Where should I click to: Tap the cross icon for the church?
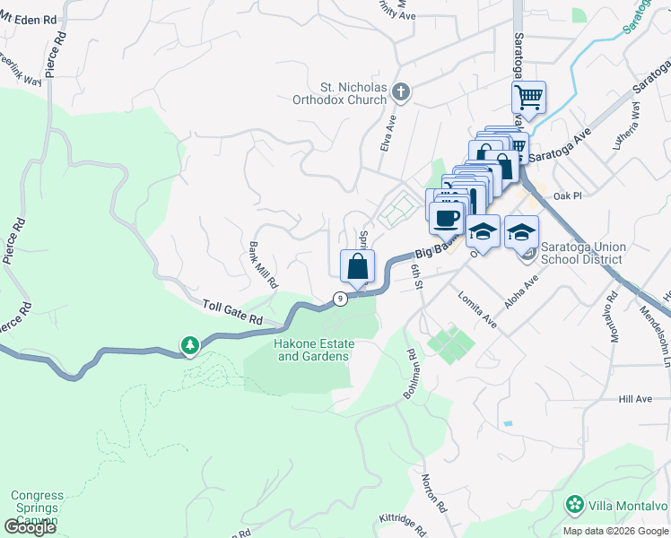(x=402, y=91)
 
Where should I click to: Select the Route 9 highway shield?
(x=340, y=298)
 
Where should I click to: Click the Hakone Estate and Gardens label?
(x=313, y=350)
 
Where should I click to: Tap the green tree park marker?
(x=190, y=344)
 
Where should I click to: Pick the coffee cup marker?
(x=446, y=217)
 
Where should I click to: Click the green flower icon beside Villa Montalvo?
(x=574, y=506)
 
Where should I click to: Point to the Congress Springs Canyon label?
(x=37, y=508)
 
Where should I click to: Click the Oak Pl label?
(x=568, y=195)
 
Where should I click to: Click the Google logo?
(x=30, y=527)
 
